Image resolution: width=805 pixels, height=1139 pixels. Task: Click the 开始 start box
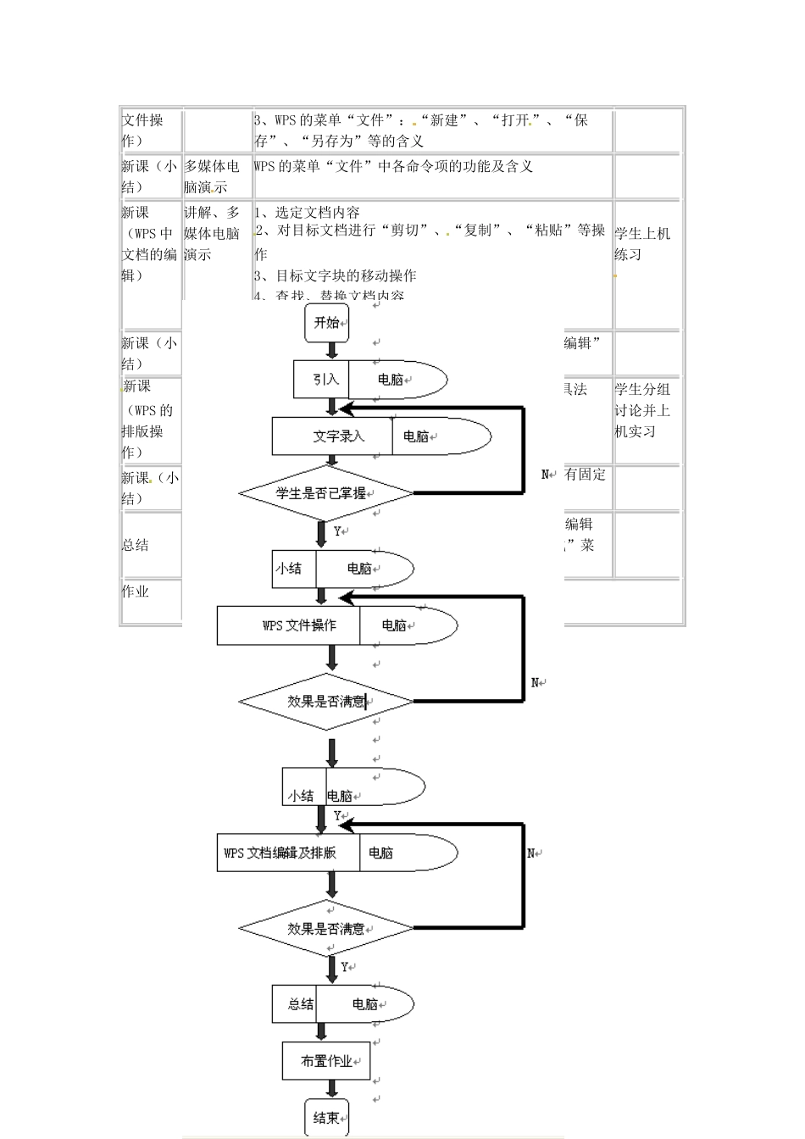(x=326, y=323)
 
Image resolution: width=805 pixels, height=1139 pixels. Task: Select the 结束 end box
(x=326, y=1118)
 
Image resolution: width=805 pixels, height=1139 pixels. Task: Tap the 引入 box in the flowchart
(x=321, y=379)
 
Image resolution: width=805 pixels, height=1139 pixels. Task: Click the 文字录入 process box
(x=332, y=436)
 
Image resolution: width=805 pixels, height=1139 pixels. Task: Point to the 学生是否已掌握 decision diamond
(x=326, y=492)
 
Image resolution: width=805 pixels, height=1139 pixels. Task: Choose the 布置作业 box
(x=326, y=1061)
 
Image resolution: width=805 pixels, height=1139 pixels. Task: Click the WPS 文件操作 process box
(x=289, y=625)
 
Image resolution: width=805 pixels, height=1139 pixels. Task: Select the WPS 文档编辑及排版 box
(x=289, y=853)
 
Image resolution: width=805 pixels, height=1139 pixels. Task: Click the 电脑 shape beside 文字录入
(x=436, y=436)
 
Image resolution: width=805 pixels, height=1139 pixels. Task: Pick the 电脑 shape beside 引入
(x=394, y=379)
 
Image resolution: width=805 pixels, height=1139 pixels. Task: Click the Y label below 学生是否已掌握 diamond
(x=337, y=531)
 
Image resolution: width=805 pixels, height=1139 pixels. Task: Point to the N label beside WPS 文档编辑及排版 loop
(x=531, y=853)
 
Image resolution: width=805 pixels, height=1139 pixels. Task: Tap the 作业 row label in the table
(x=136, y=592)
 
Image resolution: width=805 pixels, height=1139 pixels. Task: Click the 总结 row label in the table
(x=136, y=545)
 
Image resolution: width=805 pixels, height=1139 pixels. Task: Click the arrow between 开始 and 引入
(x=332, y=351)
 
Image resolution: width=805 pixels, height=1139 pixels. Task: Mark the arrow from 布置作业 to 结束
(x=332, y=1089)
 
